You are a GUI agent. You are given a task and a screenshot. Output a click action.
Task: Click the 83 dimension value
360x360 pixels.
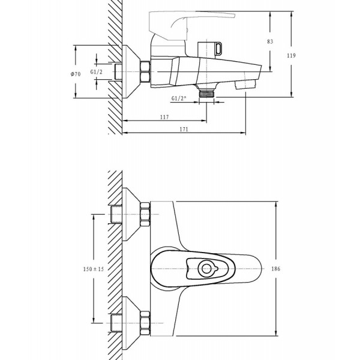pyautogui.click(x=270, y=41)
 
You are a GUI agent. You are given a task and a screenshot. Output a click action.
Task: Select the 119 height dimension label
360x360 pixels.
pyautogui.click(x=291, y=55)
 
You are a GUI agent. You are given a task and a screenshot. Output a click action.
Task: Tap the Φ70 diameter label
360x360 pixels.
pyautogui.click(x=76, y=74)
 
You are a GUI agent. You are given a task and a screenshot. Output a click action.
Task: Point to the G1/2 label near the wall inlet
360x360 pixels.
pyautogui.click(x=96, y=72)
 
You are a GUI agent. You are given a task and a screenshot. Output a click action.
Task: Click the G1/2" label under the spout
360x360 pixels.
pyautogui.click(x=179, y=98)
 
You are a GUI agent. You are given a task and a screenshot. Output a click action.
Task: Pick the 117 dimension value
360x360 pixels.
pyautogui.click(x=164, y=117)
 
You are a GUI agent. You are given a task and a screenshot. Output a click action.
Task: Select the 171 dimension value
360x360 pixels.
pyautogui.click(x=184, y=129)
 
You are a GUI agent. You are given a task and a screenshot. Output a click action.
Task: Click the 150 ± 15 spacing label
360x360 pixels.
pyautogui.click(x=94, y=269)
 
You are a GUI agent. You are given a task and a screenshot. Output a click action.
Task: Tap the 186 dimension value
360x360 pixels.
pyautogui.click(x=276, y=269)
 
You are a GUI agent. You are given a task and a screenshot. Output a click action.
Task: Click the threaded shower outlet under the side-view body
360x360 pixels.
pyautogui.click(x=206, y=93)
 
